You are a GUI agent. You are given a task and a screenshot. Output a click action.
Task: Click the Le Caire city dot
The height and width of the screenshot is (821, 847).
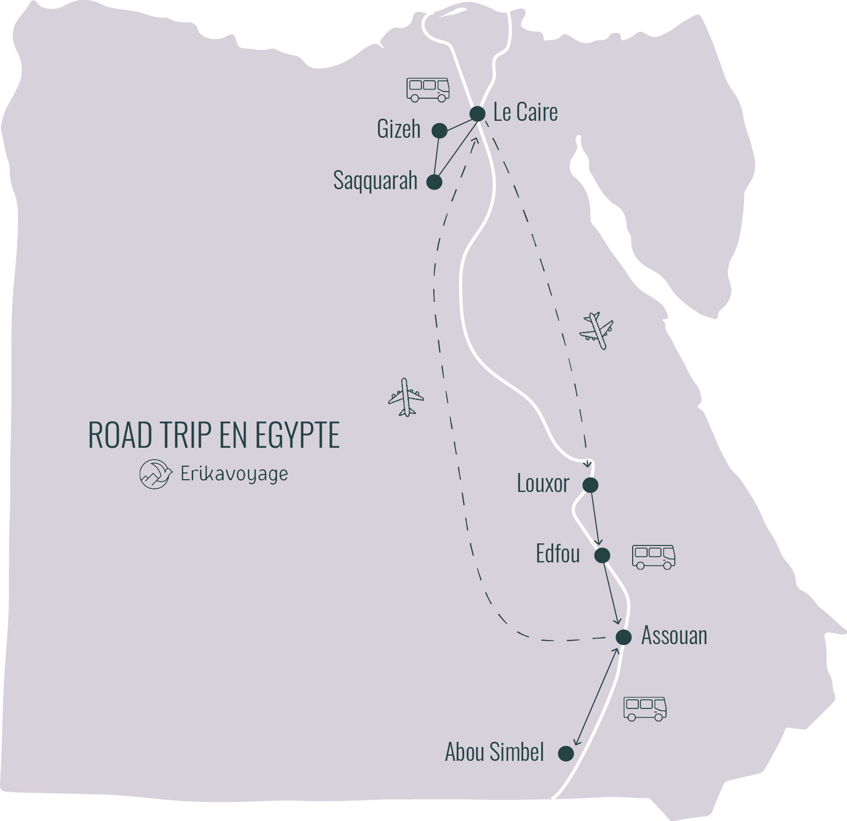pos(477,114)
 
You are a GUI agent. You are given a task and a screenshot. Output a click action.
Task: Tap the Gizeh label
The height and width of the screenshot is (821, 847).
pos(398,129)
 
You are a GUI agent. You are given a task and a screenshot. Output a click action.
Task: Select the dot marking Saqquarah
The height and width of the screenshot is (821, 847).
pos(434,182)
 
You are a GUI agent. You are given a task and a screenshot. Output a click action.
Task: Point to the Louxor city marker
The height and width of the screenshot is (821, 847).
pos(590,485)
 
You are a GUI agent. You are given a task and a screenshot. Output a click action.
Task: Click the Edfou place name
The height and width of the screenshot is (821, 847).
pos(558,554)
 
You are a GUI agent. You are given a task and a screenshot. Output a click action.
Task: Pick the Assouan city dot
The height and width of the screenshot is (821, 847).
pos(623,637)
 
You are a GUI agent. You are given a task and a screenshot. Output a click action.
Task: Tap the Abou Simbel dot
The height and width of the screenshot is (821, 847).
pos(566,754)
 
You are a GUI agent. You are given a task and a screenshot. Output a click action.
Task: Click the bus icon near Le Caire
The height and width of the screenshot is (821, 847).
pos(428,90)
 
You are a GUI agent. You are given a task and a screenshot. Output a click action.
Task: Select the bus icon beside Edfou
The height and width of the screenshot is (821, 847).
pos(653,557)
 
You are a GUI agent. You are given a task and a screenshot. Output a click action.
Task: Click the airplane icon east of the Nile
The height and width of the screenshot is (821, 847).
pos(597,331)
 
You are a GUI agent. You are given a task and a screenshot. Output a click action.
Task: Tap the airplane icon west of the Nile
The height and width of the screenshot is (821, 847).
pos(406,397)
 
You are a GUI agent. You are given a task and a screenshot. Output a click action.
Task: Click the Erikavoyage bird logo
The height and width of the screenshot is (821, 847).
pos(156,474)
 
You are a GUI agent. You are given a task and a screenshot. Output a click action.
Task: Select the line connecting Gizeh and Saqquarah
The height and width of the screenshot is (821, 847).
pos(437,157)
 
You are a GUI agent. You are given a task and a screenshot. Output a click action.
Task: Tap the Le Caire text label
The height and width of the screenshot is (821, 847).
pos(525,113)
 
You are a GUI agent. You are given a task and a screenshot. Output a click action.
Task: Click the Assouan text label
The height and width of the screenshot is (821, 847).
pos(674,636)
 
